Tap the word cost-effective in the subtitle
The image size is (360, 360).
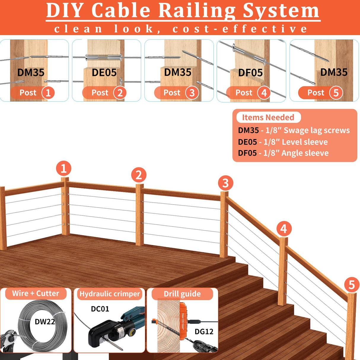point(240,29)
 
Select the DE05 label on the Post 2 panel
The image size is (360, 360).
point(104,73)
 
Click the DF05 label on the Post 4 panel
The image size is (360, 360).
point(251,73)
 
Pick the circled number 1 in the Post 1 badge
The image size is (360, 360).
point(48,93)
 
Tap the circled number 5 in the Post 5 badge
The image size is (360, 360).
point(336,93)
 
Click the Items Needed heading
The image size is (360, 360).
point(268,117)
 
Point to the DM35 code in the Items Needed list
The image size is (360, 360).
point(249,130)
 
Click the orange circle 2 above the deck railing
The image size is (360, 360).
point(139,175)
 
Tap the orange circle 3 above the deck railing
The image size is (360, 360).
point(225,183)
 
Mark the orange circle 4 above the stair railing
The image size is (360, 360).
point(284,229)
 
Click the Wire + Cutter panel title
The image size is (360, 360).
point(36,294)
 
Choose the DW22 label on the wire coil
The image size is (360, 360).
point(45,322)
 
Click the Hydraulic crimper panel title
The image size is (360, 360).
point(110,294)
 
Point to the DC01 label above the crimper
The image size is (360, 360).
point(100,309)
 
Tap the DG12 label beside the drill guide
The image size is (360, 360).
point(204,332)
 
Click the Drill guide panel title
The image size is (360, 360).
point(182,294)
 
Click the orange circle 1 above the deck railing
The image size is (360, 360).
point(63,168)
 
